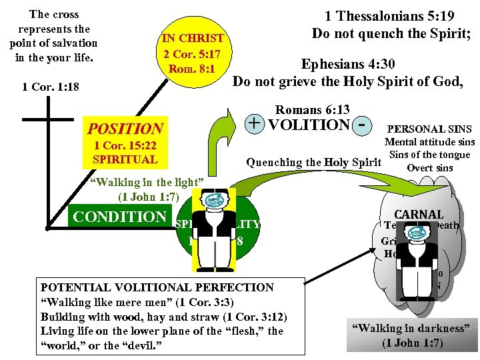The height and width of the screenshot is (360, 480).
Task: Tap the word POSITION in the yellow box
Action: tap(125, 129)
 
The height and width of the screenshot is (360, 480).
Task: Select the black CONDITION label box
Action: tap(120, 217)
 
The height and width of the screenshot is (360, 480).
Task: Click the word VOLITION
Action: tap(309, 124)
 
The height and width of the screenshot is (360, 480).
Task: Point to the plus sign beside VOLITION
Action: tap(254, 123)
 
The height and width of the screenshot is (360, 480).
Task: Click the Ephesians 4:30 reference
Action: tap(357, 65)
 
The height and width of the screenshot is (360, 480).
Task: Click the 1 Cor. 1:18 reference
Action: tap(50, 87)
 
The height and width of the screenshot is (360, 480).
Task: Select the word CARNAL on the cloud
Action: tap(419, 214)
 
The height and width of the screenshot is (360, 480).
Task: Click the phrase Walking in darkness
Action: tap(413, 328)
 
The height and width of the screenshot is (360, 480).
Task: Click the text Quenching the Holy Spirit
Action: tap(313, 162)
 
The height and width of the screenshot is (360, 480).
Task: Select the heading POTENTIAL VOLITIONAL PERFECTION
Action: tap(157, 287)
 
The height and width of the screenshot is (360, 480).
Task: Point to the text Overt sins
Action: tap(429, 168)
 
